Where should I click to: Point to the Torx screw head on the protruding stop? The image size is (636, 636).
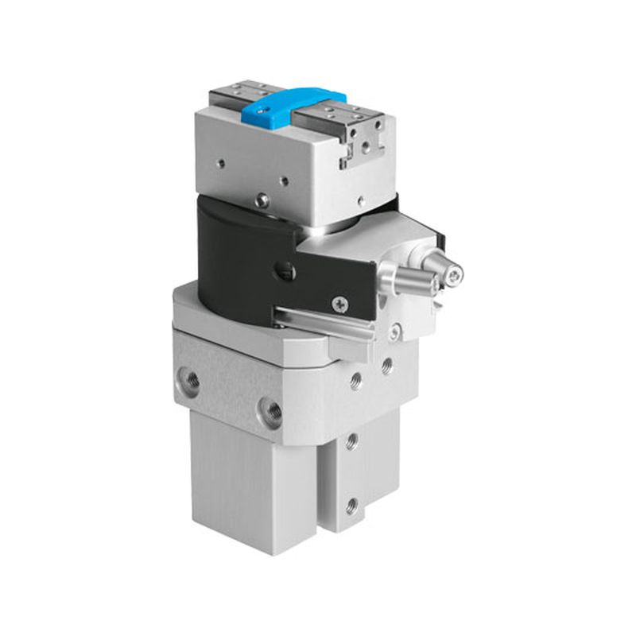pos(454,275)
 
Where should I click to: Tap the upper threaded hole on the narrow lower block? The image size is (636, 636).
pos(351,439)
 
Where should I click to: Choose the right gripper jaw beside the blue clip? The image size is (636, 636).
pos(342,115)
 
